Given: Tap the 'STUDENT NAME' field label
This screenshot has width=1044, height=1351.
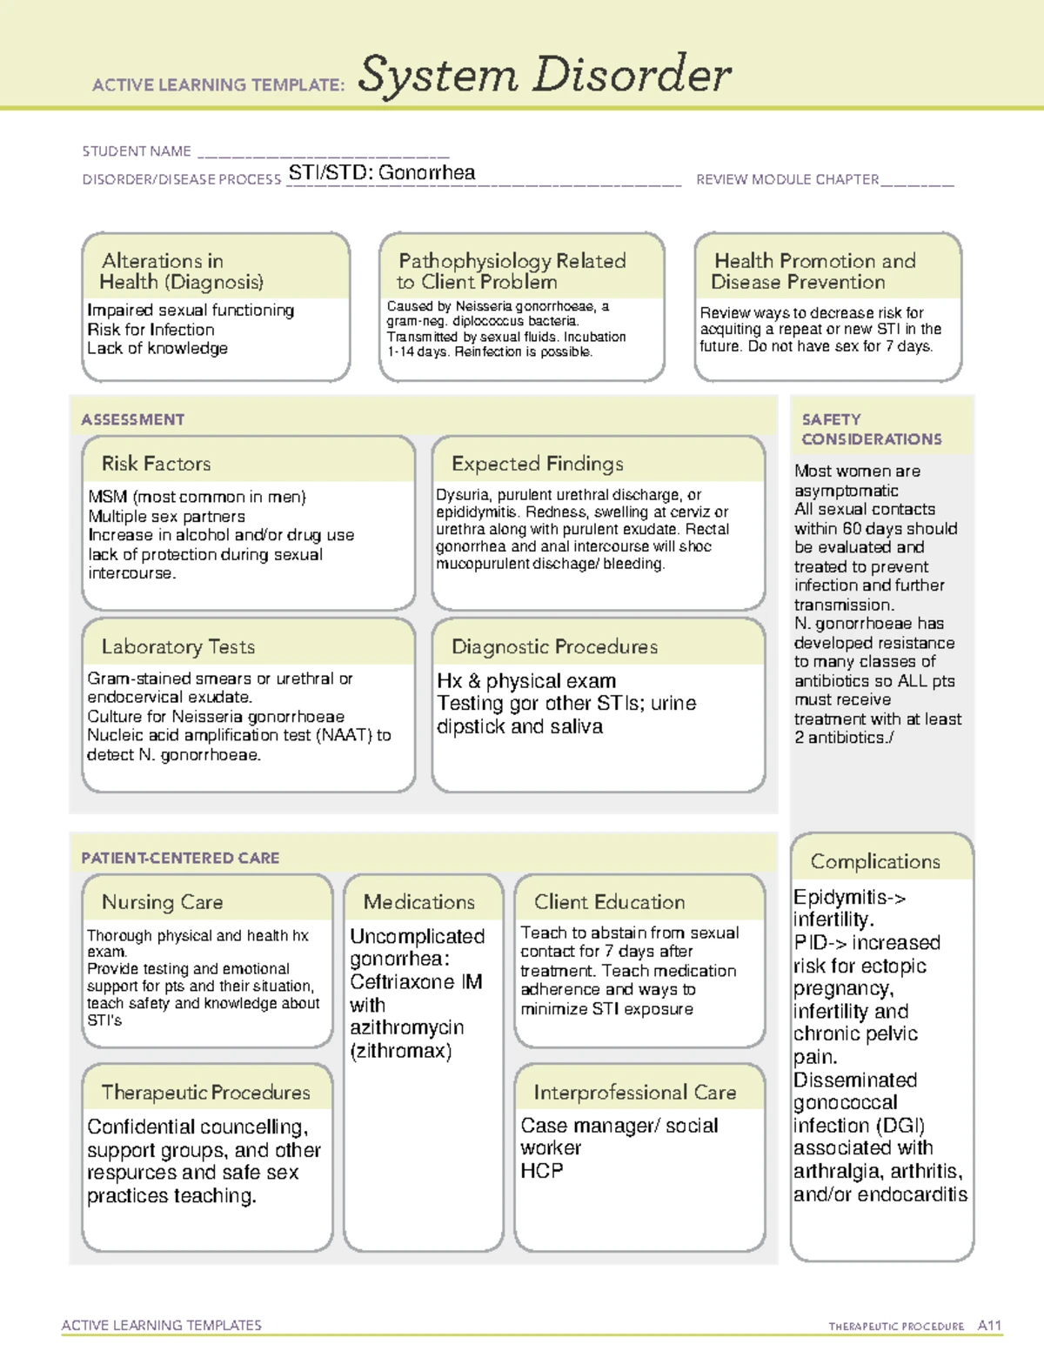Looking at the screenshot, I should click(137, 151).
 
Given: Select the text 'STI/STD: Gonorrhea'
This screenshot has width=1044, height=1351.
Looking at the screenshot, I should click(382, 173).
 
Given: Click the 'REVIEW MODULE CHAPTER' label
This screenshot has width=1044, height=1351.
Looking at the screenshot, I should click(787, 180).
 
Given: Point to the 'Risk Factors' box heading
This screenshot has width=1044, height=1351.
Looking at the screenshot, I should click(156, 464).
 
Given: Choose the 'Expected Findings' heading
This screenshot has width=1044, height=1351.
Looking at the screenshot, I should click(537, 464).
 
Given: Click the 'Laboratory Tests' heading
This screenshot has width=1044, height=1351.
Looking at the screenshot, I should click(177, 646).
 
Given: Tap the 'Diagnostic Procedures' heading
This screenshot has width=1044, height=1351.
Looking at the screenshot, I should click(554, 646).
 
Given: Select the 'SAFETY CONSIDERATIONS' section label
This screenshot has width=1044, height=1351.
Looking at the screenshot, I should click(871, 429).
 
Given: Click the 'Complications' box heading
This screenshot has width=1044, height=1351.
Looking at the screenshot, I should click(875, 861).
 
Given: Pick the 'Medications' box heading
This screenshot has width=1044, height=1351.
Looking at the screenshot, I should click(419, 902).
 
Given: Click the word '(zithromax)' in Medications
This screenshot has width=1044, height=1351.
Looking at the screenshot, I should click(400, 1051).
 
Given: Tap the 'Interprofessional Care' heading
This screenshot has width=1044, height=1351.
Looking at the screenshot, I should click(635, 1092).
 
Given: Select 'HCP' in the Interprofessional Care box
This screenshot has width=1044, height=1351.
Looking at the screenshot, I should click(541, 1171).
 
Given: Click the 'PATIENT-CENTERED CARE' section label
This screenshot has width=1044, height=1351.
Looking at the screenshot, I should click(180, 858).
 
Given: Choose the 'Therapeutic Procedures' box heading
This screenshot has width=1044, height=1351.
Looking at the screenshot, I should click(205, 1092).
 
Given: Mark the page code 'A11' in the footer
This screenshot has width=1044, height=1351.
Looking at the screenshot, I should click(989, 1325).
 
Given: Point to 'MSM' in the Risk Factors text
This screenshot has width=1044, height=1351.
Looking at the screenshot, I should click(108, 497).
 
